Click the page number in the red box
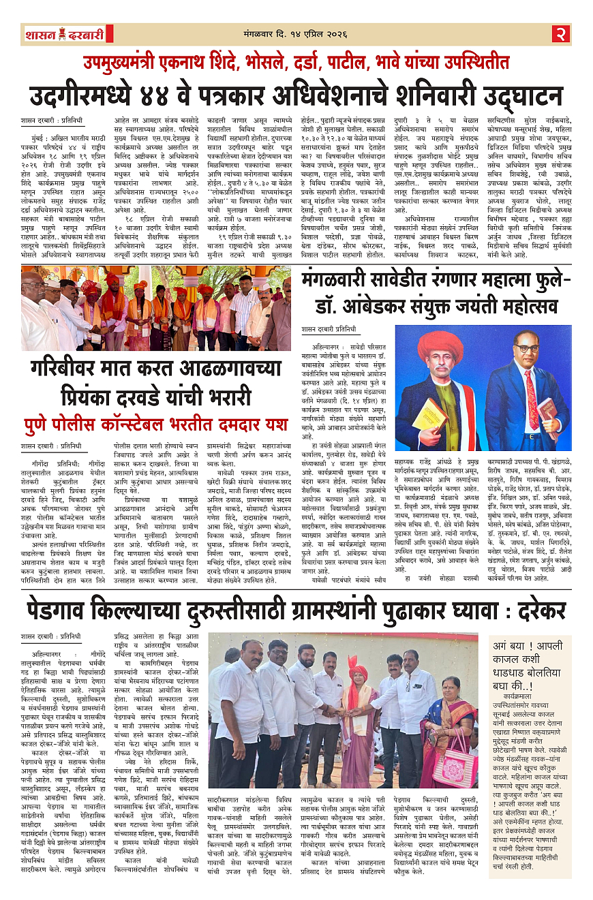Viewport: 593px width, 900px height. pos(560,34)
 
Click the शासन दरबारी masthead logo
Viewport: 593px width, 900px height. pos(65,34)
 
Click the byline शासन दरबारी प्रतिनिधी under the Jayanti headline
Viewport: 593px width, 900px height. pos(329,329)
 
